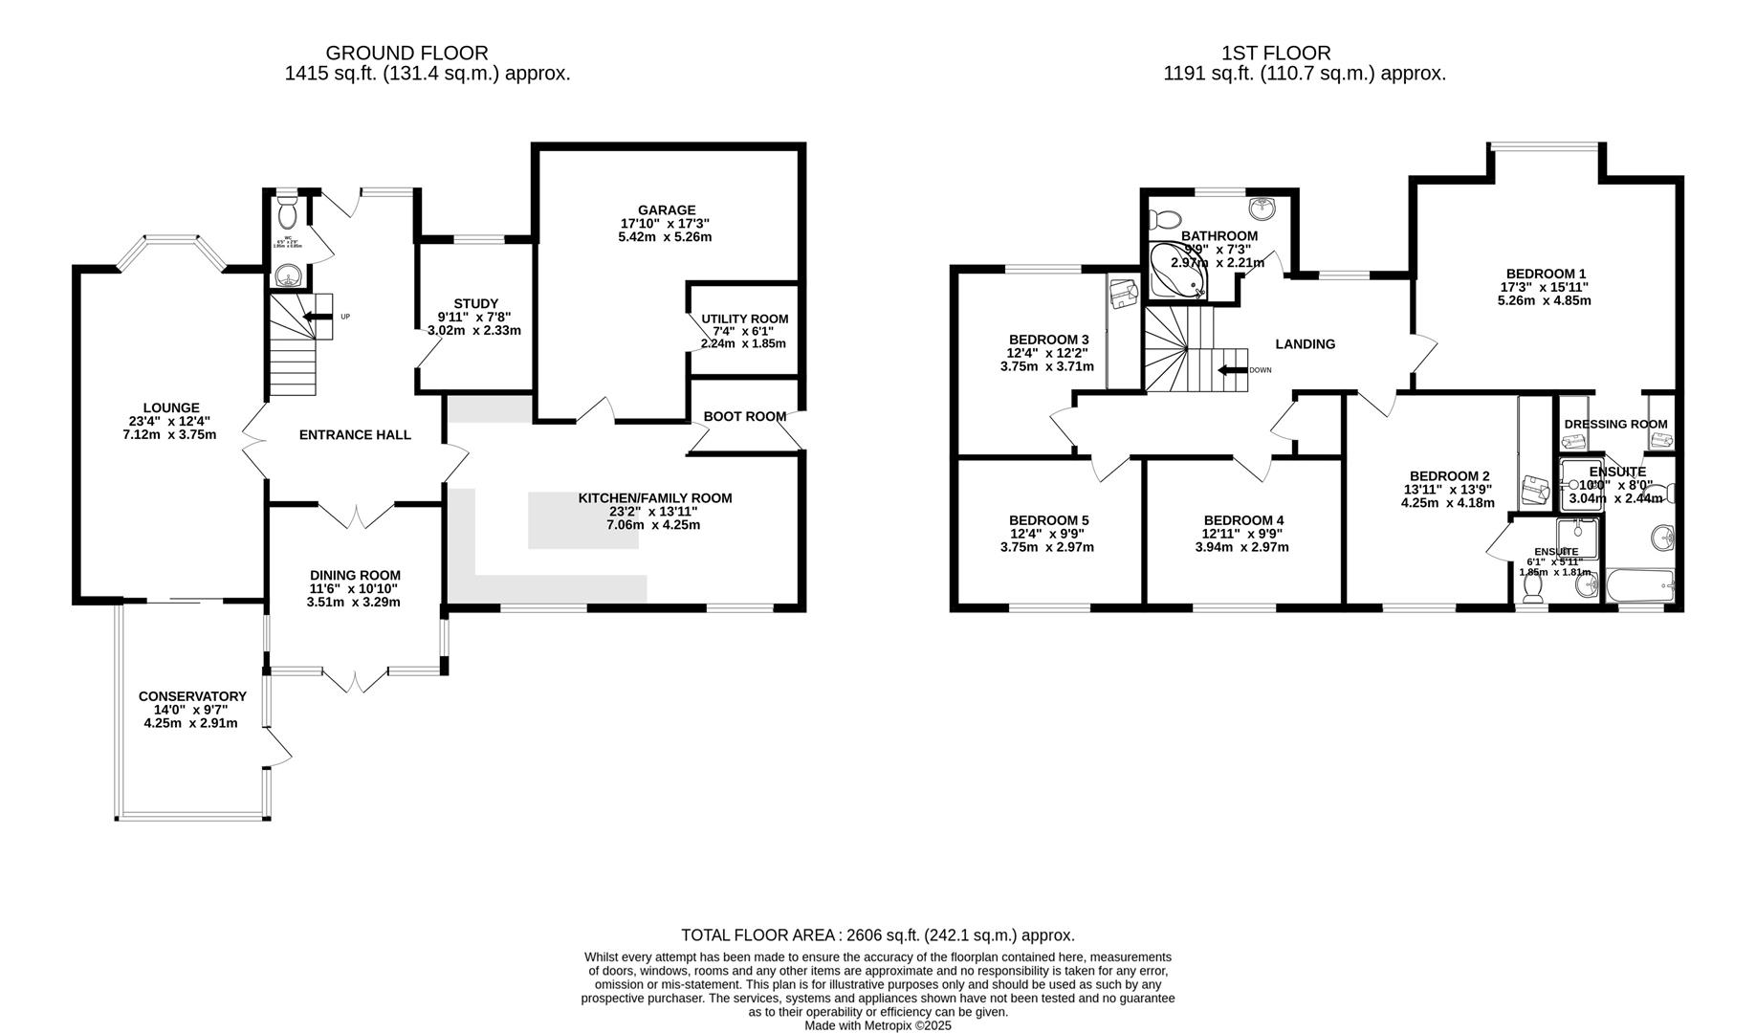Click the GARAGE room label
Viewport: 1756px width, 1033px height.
coord(667,210)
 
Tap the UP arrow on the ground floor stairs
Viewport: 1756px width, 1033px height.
coord(312,317)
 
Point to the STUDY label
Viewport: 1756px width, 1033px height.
coord(475,304)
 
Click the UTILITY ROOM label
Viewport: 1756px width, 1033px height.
coord(744,319)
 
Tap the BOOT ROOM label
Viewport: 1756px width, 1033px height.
coord(744,416)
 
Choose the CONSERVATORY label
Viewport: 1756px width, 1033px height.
coord(192,696)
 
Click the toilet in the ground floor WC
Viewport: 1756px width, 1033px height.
coord(287,210)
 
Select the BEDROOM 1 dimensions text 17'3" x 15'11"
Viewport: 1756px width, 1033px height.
coord(1544,287)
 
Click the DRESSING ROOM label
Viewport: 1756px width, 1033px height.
coord(1615,424)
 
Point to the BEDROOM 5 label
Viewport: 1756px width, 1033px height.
coord(1048,520)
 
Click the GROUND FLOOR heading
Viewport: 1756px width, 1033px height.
coord(406,54)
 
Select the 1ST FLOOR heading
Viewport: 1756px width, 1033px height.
coord(1275,54)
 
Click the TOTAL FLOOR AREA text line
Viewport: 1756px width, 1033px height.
coord(877,934)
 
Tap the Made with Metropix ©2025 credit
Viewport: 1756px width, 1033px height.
coord(877,1025)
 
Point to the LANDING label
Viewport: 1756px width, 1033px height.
coord(1305,344)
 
